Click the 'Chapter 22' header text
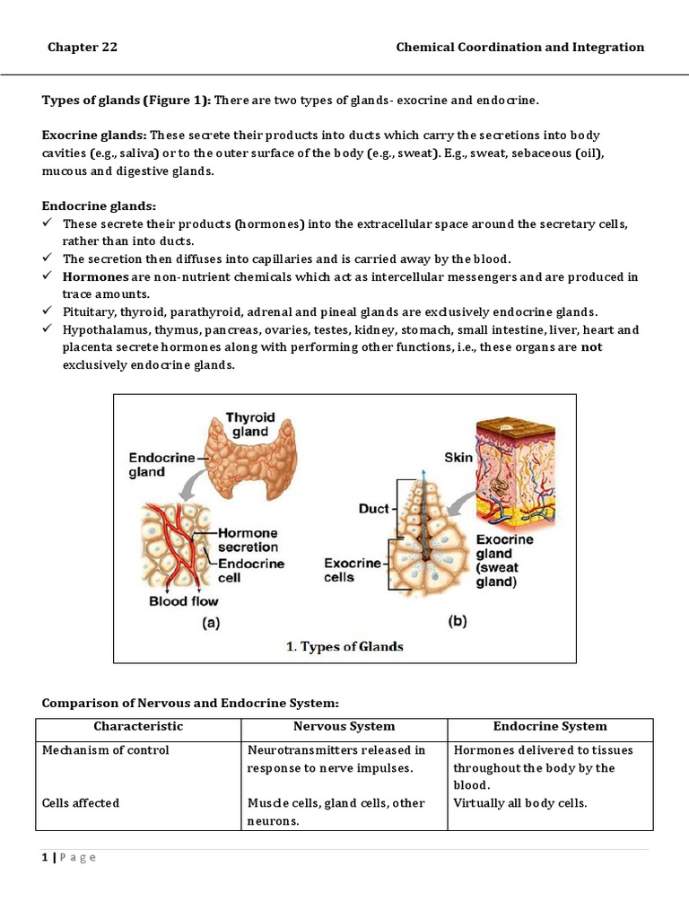(x=83, y=48)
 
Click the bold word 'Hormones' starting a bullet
(x=96, y=277)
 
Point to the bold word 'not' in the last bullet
(x=591, y=347)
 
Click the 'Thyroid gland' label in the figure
(x=249, y=424)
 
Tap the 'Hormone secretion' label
(x=248, y=539)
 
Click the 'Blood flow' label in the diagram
(x=183, y=600)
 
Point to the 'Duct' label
(x=373, y=509)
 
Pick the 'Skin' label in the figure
(x=458, y=457)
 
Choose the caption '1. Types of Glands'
(x=344, y=646)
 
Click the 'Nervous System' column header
(x=344, y=726)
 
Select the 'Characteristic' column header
(x=138, y=726)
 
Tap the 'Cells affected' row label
(x=80, y=803)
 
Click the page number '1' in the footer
(x=44, y=857)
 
